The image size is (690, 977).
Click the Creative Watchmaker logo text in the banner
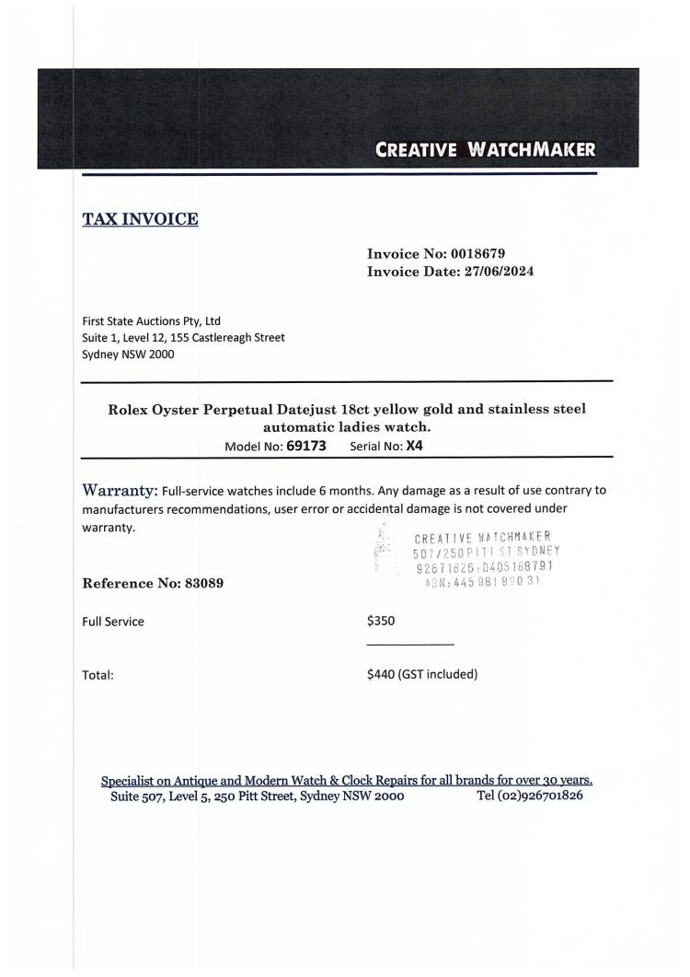[x=486, y=149]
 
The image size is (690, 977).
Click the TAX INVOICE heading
[x=141, y=219]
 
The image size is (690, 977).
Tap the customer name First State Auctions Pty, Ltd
[x=152, y=321]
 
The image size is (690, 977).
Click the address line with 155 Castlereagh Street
[x=183, y=337]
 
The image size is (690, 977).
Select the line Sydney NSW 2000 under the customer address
[x=128, y=354]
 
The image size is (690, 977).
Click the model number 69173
[x=306, y=446]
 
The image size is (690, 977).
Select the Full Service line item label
[x=113, y=621]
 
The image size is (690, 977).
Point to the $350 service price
[x=381, y=621]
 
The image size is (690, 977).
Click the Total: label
[x=98, y=675]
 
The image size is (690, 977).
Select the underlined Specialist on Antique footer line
[x=346, y=780]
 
